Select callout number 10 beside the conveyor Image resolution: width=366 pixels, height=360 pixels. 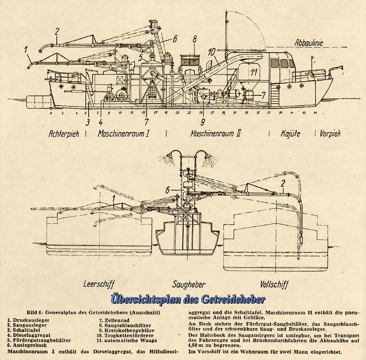[x=213, y=52]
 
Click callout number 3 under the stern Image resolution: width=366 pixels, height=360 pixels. [x=87, y=122]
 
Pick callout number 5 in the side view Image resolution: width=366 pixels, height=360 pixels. [x=142, y=57]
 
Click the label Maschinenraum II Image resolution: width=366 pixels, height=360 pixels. [x=216, y=134]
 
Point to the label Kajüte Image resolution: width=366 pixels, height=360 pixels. [x=290, y=134]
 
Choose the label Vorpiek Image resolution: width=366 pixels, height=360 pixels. [x=330, y=134]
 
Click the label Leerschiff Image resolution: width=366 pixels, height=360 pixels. [x=99, y=284]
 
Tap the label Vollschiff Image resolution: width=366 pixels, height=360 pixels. [x=274, y=284]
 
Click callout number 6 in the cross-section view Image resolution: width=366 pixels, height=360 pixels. [x=168, y=190]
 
